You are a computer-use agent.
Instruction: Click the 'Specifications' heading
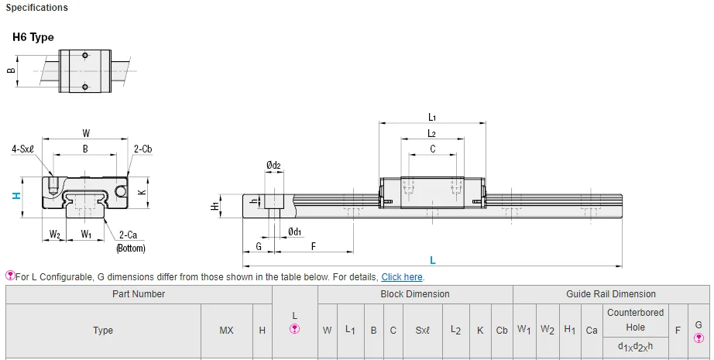(x=36, y=8)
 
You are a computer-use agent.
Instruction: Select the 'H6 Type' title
(x=33, y=37)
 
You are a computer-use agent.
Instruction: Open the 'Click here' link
(x=402, y=277)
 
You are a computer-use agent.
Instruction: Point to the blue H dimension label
(x=16, y=196)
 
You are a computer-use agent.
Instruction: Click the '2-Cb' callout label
(x=142, y=149)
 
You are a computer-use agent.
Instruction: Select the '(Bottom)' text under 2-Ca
(x=130, y=249)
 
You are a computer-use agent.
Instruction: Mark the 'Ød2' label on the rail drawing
(x=273, y=165)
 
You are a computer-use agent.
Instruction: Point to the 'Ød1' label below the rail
(x=294, y=231)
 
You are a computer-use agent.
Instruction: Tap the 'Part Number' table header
(x=139, y=294)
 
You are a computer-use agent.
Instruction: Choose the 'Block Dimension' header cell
(x=414, y=294)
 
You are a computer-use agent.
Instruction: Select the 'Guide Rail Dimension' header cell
(x=610, y=294)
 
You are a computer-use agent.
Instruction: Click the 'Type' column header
(x=103, y=331)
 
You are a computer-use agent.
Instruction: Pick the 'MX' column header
(x=226, y=331)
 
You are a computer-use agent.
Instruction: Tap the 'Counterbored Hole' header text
(x=635, y=320)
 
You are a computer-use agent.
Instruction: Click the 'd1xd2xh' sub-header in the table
(x=635, y=346)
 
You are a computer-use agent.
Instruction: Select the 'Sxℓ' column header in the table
(x=422, y=331)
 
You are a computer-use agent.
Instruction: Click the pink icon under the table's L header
(x=294, y=329)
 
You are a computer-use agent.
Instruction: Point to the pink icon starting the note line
(x=10, y=276)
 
